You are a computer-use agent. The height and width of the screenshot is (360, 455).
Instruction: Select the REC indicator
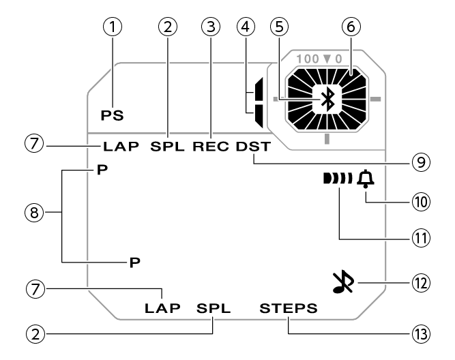(x=212, y=146)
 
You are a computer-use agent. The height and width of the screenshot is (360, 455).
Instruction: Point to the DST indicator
(x=254, y=146)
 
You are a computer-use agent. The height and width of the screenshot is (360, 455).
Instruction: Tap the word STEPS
(x=289, y=308)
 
